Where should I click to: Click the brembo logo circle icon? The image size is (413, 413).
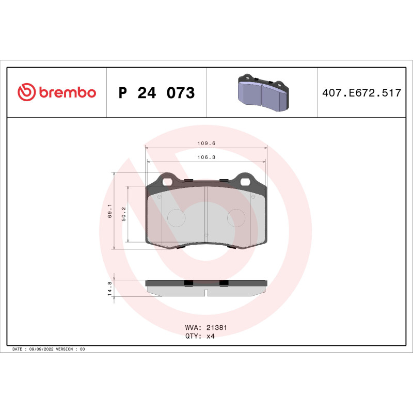[27, 92]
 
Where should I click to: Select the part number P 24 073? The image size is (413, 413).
[156, 93]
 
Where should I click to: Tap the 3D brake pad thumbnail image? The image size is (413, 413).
[262, 93]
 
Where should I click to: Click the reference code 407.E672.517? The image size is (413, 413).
[361, 93]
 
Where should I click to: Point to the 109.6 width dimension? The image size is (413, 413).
[206, 144]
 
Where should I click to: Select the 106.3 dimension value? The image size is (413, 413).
[206, 157]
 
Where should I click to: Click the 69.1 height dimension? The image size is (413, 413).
[109, 211]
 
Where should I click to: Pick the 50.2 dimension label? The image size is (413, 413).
[123, 213]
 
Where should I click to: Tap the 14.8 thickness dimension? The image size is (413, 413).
[109, 288]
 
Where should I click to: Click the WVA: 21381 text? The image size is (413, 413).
[206, 327]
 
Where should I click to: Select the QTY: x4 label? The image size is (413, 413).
[199, 336]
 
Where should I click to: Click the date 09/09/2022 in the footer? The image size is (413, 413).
[41, 350]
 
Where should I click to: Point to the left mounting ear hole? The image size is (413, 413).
[167, 181]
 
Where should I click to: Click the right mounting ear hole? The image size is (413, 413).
[245, 181]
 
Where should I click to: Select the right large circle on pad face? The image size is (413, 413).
[236, 217]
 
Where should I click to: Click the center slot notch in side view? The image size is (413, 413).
[206, 293]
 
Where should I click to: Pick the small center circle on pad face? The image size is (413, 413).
[206, 235]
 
